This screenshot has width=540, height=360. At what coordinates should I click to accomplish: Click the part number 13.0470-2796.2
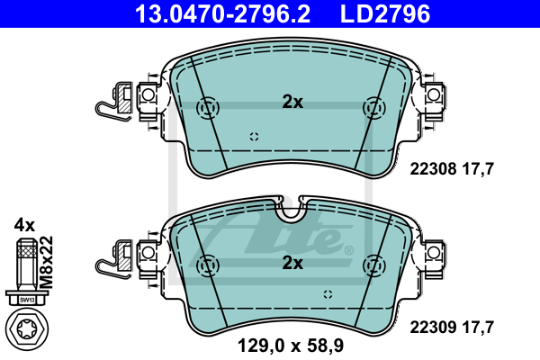[x=223, y=14]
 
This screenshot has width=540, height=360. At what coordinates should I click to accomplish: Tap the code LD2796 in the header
[x=385, y=14]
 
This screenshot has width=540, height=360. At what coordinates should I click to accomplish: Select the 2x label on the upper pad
[x=292, y=102]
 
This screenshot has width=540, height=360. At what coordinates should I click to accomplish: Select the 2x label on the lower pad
[x=292, y=263]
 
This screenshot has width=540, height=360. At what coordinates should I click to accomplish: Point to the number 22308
[x=433, y=169]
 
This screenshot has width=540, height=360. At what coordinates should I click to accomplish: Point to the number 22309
[x=433, y=328]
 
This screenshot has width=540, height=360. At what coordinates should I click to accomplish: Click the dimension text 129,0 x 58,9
[x=291, y=346]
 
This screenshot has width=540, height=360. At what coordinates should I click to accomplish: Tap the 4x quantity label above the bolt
[x=24, y=226]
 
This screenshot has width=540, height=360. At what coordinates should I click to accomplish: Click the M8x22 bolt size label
[x=46, y=262]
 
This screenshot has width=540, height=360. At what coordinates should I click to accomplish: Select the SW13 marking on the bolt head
[x=26, y=300]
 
